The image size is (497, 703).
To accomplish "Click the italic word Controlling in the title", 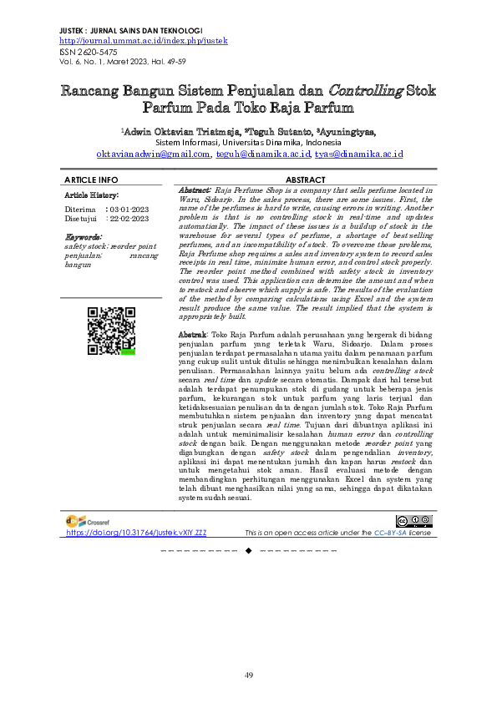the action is tap(363, 89).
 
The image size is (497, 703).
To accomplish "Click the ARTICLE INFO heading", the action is tap(91, 180).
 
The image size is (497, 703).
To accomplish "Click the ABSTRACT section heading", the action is tap(305, 180).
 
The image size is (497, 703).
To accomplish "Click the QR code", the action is tap(111, 331).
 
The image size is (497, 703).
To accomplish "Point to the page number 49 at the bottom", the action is tap(248, 675).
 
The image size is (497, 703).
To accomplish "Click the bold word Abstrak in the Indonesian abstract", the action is tap(192, 334).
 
